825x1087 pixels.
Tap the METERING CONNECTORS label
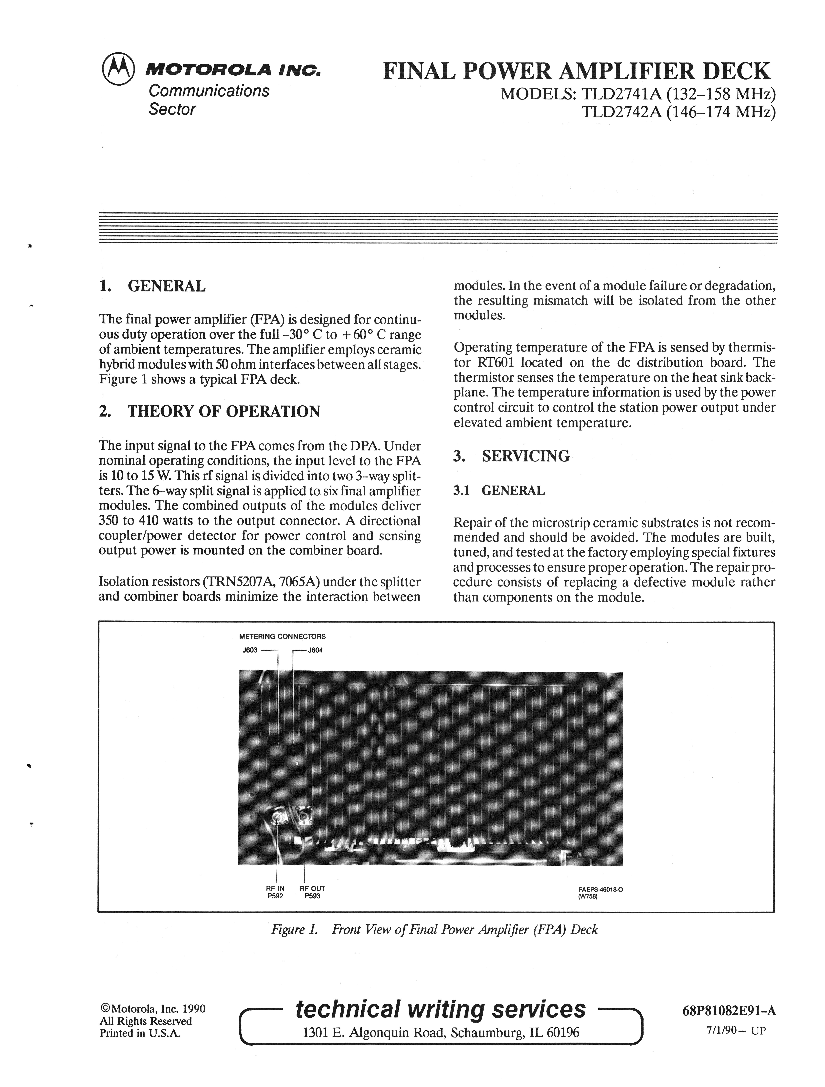282,636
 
